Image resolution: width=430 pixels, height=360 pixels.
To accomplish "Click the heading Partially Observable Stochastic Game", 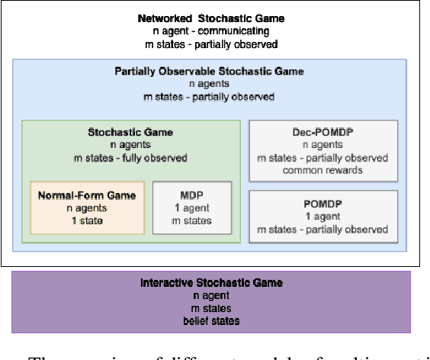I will (210, 72).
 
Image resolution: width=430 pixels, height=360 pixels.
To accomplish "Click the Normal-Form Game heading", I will (87, 195).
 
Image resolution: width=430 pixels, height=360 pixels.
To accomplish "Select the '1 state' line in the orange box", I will (87, 220).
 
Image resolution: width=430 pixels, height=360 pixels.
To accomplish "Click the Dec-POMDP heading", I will (322, 133).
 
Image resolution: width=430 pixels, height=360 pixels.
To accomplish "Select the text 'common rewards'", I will (322, 170).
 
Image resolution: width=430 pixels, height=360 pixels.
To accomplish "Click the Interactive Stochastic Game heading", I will (211, 283).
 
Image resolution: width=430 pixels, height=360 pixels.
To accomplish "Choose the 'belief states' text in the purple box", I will (211, 320).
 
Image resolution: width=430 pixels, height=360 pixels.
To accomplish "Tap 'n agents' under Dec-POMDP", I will (322, 146).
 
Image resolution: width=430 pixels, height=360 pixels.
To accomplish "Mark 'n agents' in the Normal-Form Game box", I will (87, 208).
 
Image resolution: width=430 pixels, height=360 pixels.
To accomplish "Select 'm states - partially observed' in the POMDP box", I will (322, 230).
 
